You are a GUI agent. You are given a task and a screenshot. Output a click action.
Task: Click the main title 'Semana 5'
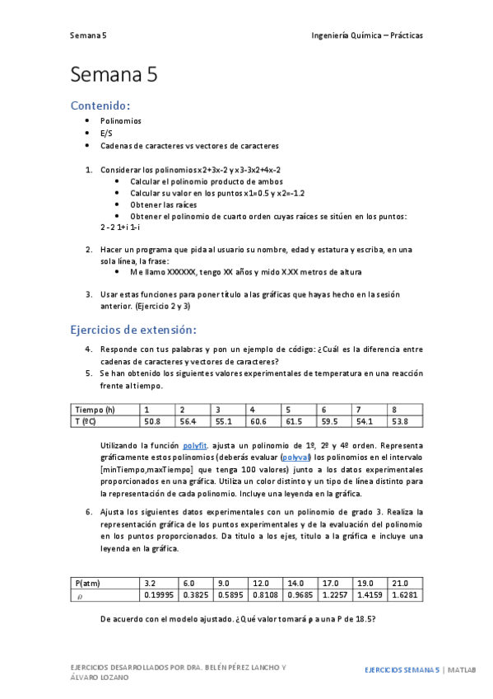pyautogui.click(x=114, y=75)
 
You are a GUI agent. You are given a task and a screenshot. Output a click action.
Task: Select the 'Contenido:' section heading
pyautogui.click(x=100, y=106)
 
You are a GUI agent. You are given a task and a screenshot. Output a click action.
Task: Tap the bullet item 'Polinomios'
pyautogui.click(x=120, y=120)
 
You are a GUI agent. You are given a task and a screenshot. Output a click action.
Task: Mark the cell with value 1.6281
pyautogui.click(x=406, y=593)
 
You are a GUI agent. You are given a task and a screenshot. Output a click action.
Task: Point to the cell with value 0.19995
pyautogui.click(x=159, y=593)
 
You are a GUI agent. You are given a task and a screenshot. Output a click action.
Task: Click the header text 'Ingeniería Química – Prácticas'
pyautogui.click(x=367, y=35)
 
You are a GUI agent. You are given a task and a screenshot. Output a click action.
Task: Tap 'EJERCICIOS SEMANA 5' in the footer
pyautogui.click(x=402, y=670)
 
